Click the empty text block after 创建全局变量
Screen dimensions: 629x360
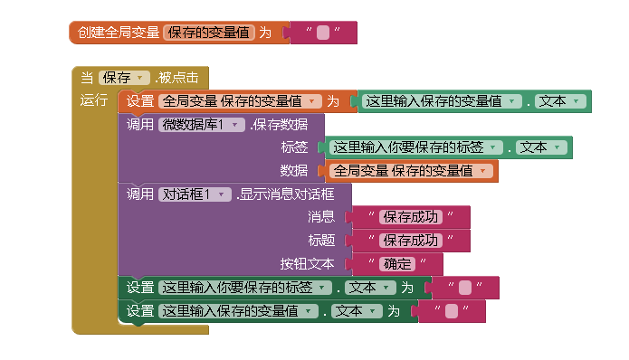[x=322, y=33]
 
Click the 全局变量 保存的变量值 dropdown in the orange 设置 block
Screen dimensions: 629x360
[x=241, y=101]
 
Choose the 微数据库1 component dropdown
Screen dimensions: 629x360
[x=202, y=124]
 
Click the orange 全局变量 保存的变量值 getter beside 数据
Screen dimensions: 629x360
[x=410, y=170]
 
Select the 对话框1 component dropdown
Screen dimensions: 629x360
[x=195, y=194]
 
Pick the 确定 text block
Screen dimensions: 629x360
[x=398, y=264]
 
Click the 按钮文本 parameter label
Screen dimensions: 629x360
[x=307, y=264]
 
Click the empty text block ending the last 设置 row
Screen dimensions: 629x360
[x=452, y=311]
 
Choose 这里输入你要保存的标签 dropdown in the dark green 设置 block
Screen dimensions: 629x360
[x=242, y=288]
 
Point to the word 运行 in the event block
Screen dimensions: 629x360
[x=94, y=100]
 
